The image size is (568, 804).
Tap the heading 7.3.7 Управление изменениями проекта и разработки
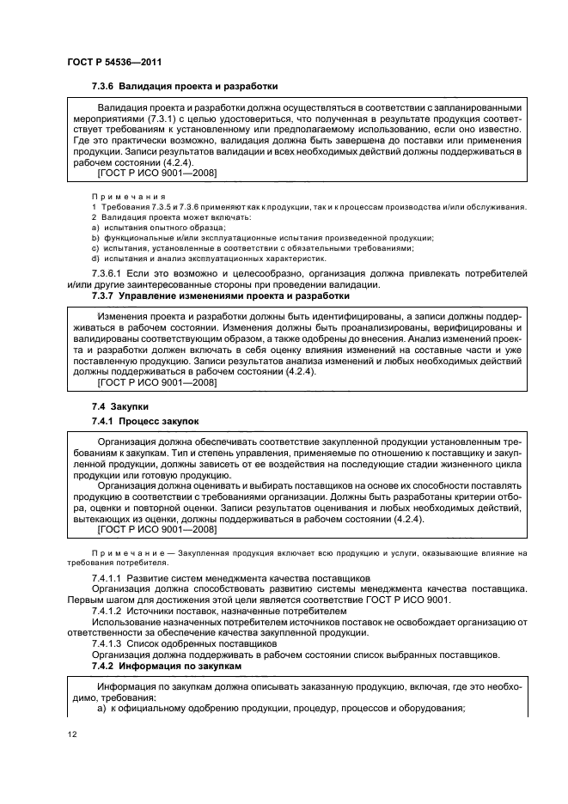(x=220, y=295)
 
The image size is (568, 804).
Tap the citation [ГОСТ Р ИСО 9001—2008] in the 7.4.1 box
(x=157, y=530)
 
